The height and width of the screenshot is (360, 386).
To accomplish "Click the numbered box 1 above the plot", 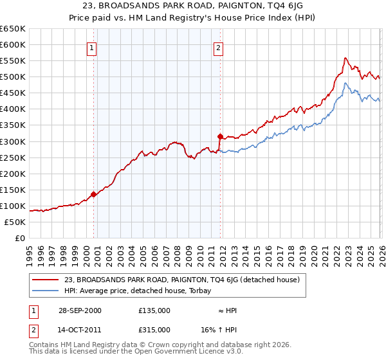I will pos(91,48).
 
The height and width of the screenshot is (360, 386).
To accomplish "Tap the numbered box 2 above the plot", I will pos(218,48).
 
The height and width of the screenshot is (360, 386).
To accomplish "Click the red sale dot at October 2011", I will pos(220,136).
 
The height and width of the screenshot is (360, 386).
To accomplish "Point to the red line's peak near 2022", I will pos(345,58).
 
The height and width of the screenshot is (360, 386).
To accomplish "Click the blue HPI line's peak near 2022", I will pos(345,83).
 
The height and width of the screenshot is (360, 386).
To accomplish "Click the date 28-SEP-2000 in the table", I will pos(80,310).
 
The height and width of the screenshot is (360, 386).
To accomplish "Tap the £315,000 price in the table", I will pos(154,329).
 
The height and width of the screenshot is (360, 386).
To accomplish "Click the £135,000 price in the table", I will pos(154,310).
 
